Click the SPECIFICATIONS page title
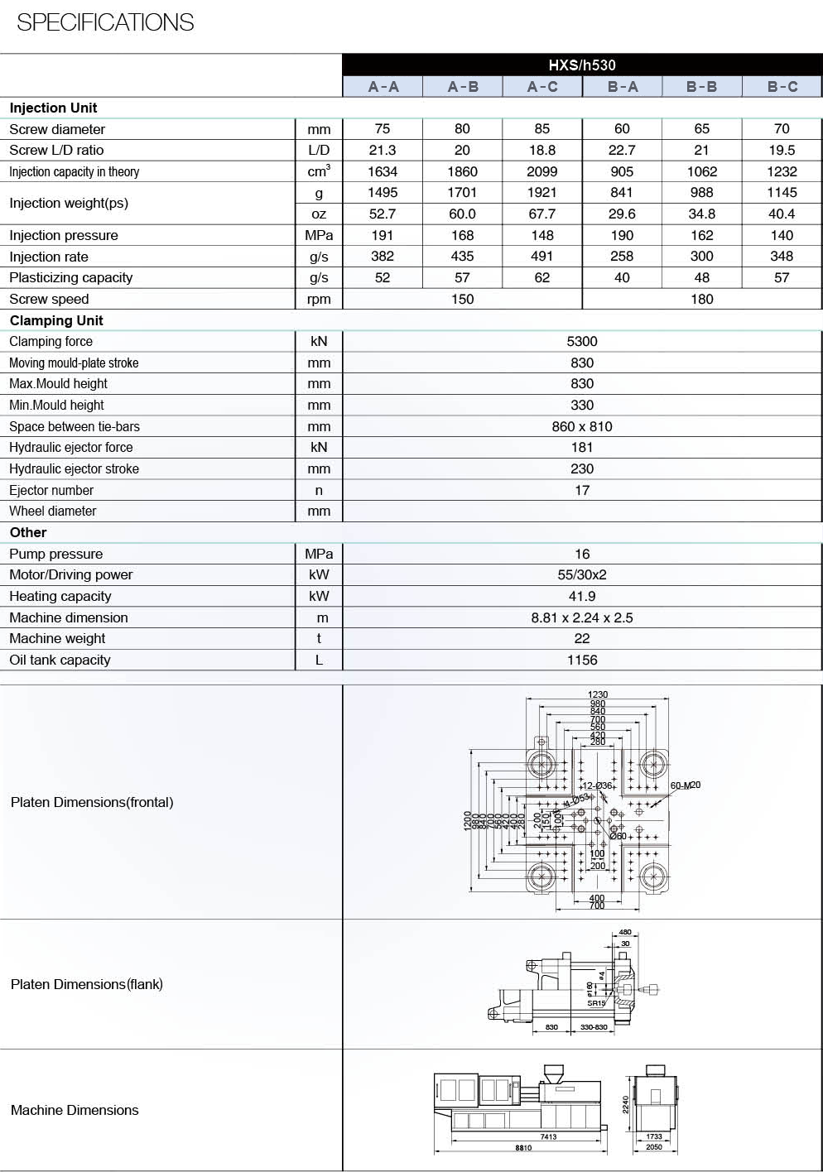[105, 22]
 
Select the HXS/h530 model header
[582, 65]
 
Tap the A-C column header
[542, 87]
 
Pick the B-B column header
[701, 87]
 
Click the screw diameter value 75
[383, 129]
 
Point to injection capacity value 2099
[542, 171]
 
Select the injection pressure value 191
[383, 235]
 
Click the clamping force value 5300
[582, 341]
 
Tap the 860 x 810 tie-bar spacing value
[582, 426]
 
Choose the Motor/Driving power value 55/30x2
[582, 574]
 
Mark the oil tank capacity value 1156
[582, 660]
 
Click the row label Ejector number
[51, 490]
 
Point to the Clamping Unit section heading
[56, 320]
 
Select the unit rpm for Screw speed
[319, 300]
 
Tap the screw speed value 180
[701, 299]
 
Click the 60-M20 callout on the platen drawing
[686, 785]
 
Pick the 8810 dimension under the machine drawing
[523, 1148]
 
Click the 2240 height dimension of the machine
[626, 1103]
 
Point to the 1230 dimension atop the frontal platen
[598, 694]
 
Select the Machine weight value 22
[582, 638]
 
